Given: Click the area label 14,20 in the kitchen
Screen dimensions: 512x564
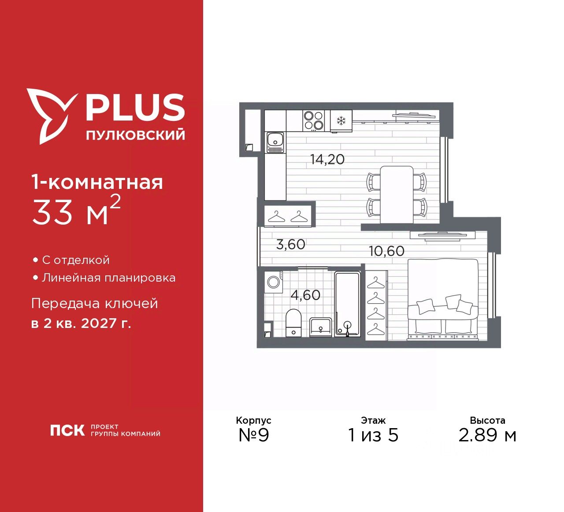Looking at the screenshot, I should coord(327,159).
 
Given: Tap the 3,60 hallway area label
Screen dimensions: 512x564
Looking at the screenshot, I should coord(290,244).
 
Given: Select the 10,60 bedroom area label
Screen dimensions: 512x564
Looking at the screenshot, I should coord(386,251).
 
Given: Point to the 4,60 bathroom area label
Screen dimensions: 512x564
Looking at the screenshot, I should coord(305,295).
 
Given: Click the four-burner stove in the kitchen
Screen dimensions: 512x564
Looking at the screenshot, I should coord(314,120).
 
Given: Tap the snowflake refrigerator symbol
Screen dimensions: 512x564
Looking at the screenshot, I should coord(341,120).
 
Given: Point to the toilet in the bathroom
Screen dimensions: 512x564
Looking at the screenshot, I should coord(293,322).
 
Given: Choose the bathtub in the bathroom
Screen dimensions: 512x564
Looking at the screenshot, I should coord(347,305).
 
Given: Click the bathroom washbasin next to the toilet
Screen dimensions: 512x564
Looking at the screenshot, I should coord(321,327).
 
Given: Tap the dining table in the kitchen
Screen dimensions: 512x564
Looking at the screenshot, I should coord(397,194).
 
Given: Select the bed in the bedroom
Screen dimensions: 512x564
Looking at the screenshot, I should coord(443,300).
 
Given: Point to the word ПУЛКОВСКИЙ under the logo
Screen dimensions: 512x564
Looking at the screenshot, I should coord(135,135).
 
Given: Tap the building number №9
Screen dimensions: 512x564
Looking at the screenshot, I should coord(253,435).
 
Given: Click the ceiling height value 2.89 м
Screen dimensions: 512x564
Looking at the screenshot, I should coord(487,435).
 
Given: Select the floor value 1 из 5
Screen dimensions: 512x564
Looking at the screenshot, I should coord(373,435).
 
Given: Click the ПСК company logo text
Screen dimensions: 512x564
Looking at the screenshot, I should coord(67,430).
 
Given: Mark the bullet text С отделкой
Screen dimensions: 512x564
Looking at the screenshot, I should coord(75,260).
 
